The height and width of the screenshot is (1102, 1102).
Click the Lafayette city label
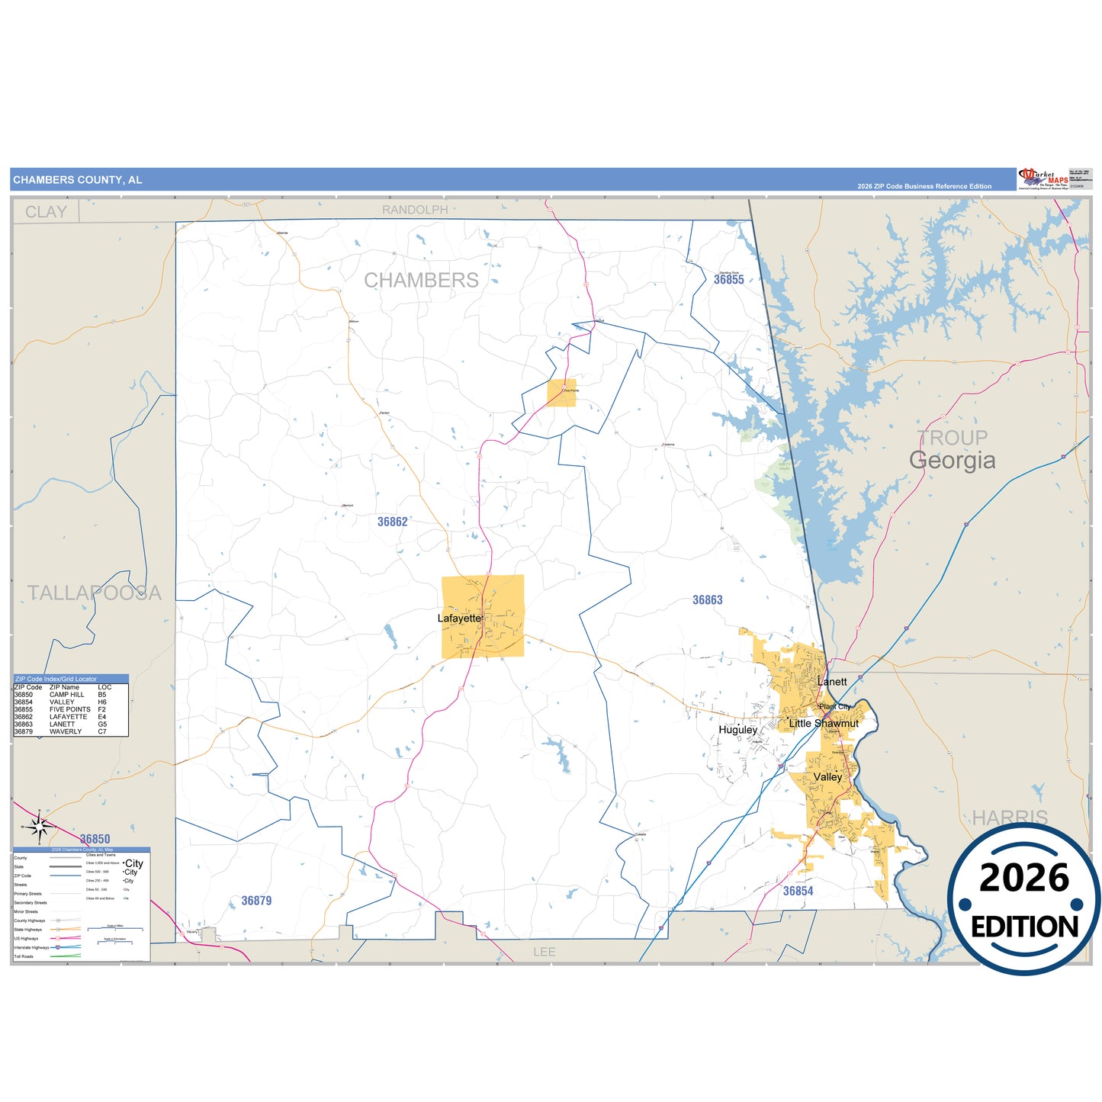460,618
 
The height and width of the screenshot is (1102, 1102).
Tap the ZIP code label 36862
392,522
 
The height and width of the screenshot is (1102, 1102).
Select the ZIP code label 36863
707,600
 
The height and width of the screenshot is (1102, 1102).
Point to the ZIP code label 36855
728,280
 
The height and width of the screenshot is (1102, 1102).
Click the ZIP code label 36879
256,901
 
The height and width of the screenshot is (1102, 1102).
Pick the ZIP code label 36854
798,891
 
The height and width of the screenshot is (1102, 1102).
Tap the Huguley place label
737,730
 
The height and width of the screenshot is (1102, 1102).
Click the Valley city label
827,777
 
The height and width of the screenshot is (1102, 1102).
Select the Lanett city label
832,682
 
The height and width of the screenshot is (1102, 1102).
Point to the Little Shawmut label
823,723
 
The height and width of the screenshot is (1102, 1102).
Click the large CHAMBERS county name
421,281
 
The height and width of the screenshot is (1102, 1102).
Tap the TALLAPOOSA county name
95,593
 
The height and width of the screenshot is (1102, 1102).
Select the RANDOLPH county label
415,210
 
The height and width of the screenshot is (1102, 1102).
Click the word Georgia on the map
952,461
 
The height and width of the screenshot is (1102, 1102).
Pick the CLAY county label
46,212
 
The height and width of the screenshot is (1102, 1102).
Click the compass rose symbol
41,826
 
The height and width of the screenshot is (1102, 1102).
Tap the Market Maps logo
1043,179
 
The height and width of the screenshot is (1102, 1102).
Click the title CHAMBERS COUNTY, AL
78,180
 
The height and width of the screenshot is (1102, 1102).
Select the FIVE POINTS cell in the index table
69,709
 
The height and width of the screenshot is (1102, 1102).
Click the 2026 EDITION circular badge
1023,900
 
